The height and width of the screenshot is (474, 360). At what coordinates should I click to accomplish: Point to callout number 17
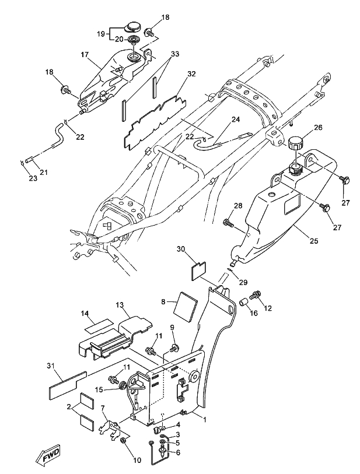pos(85,55)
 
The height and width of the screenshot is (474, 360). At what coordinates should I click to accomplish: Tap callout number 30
pos(181,249)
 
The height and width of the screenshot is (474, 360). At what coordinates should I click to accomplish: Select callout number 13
pos(119,305)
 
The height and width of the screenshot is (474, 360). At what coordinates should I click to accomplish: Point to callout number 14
pos(85,314)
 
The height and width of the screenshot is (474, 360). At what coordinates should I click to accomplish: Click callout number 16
pos(253,313)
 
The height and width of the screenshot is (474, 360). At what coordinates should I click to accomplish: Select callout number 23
pos(23,179)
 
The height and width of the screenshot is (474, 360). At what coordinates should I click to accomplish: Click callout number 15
pos(100,389)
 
